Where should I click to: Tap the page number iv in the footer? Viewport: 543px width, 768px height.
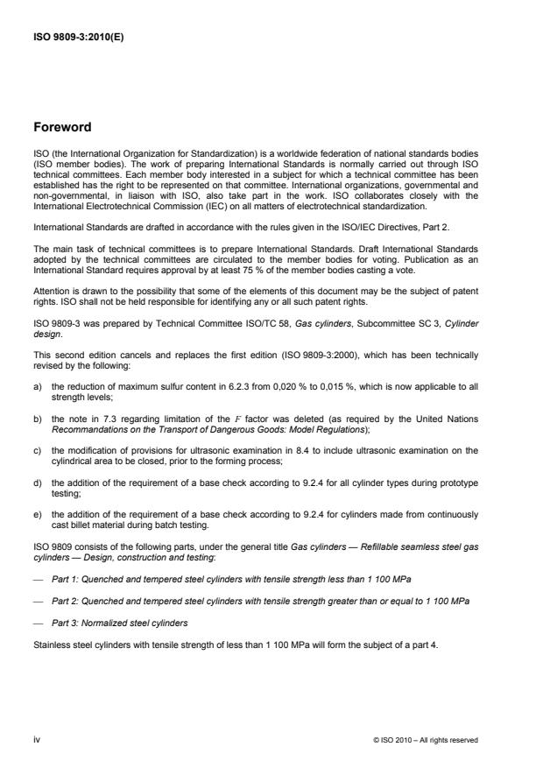pos(37,739)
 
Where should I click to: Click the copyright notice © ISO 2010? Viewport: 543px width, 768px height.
pos(426,740)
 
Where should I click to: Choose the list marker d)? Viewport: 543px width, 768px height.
pos(38,476)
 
